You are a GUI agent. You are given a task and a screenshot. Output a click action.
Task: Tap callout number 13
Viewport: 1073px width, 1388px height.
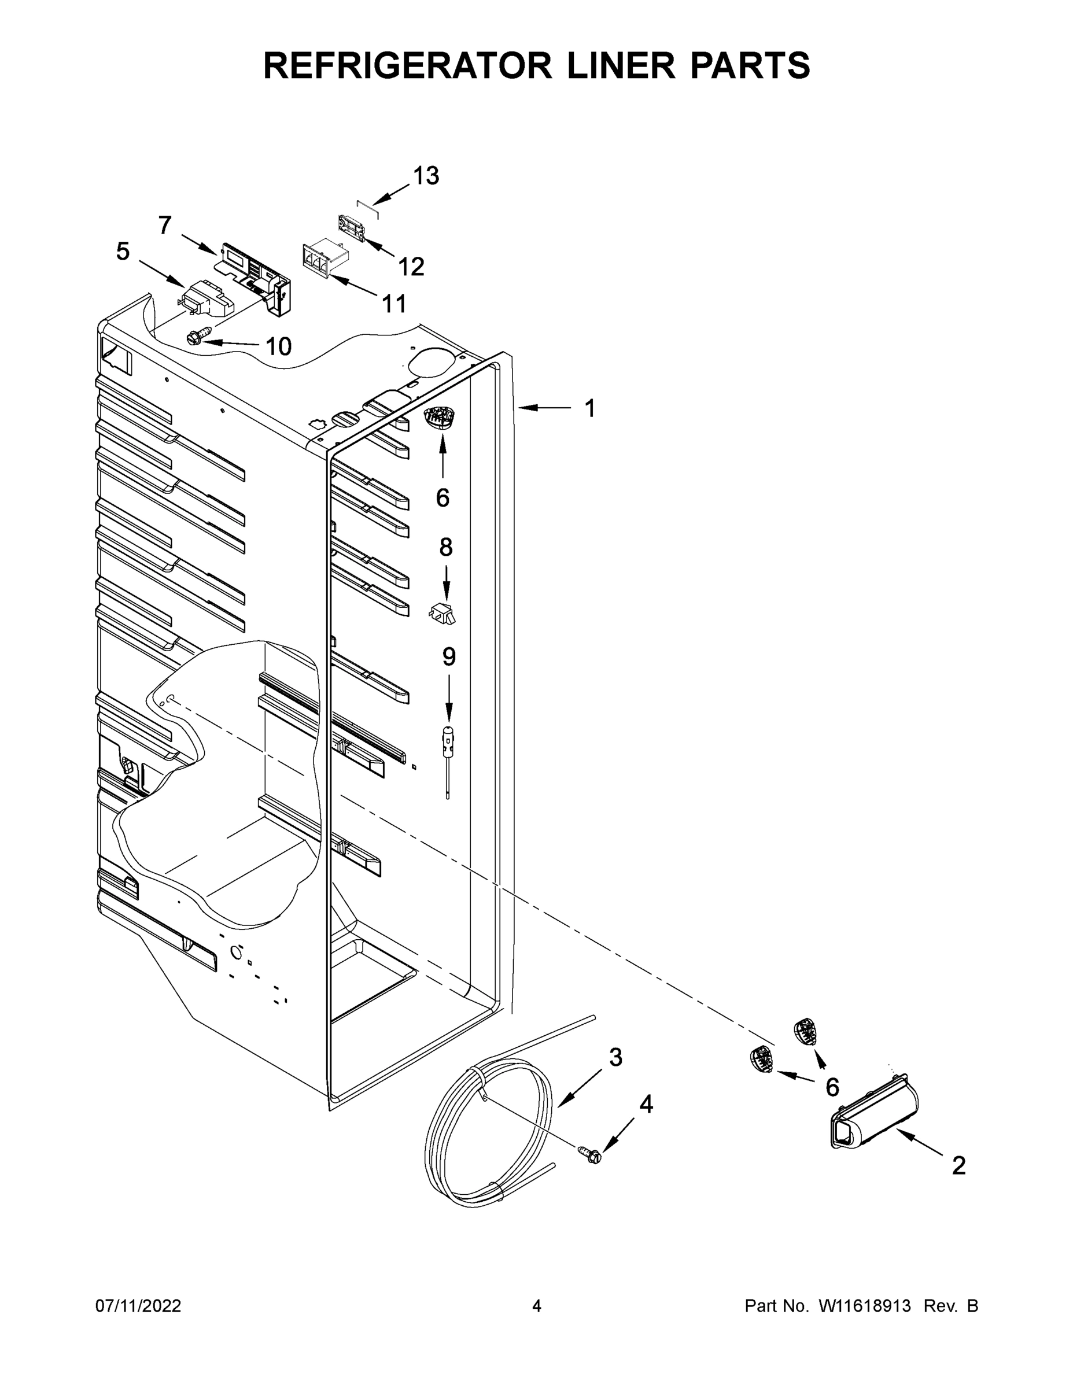tap(426, 176)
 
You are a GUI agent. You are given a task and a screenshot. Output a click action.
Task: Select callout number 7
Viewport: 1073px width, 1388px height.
tap(165, 225)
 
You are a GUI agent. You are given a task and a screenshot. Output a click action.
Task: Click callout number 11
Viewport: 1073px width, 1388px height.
tap(394, 304)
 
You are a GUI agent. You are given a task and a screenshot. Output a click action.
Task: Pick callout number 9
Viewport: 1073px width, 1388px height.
tap(449, 656)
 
